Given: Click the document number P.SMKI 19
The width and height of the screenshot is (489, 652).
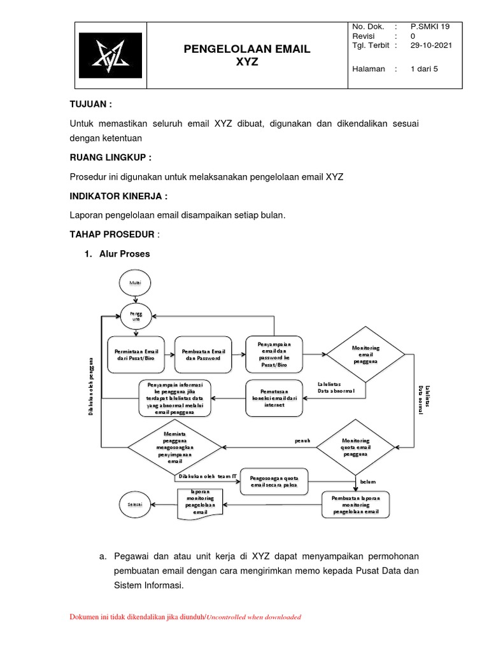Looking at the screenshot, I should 430,27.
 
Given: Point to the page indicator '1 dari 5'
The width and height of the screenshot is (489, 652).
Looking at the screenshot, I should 424,69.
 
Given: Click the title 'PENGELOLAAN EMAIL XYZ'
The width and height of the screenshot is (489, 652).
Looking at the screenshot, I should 247,56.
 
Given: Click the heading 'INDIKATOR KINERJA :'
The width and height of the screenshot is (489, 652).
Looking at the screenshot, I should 118,197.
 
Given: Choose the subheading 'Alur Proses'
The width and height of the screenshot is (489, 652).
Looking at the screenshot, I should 124,253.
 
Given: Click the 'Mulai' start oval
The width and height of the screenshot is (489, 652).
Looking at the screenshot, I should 135,282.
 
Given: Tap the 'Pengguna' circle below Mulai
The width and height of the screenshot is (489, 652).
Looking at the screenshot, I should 135,316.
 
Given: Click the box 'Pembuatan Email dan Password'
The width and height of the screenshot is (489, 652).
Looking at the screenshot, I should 204,355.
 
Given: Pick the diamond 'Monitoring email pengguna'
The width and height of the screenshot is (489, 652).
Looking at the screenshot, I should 365,355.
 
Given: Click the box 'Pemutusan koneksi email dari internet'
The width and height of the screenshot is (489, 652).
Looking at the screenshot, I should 274,398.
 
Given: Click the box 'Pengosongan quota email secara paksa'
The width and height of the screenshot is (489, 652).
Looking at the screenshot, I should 274,483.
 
